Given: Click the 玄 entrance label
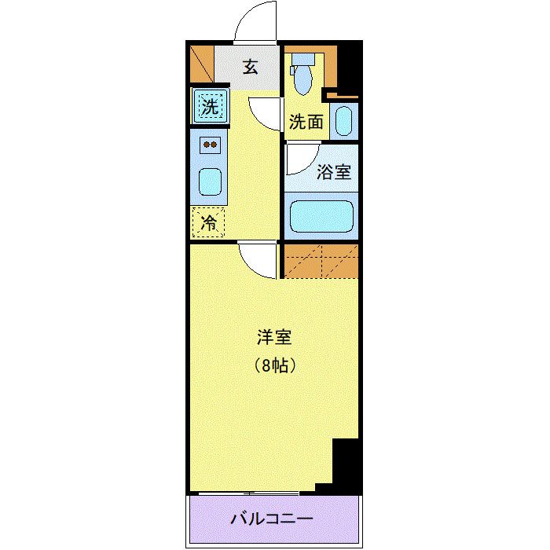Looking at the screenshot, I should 250,67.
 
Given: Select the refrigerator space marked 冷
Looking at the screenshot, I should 209,222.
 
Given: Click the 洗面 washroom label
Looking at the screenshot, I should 306,122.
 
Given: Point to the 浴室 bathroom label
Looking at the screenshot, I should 334,173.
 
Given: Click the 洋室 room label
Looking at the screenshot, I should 274,338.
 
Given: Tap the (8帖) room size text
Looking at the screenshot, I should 274,365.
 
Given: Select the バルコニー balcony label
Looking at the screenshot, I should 272,519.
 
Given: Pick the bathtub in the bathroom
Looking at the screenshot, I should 323,217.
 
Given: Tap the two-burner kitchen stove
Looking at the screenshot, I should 210,145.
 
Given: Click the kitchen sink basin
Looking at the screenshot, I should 210,182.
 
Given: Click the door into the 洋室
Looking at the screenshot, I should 258,258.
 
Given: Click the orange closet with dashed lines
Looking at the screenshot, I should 321,261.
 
